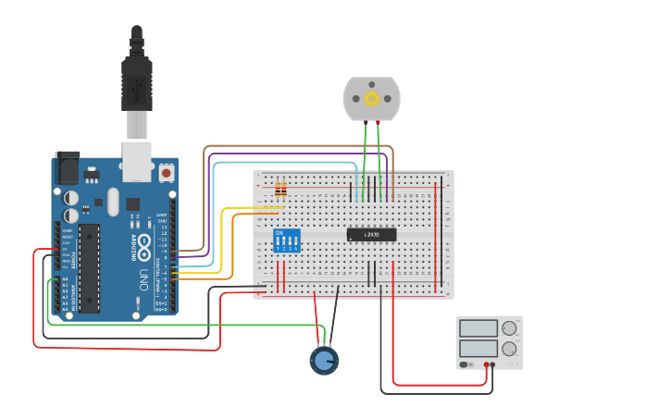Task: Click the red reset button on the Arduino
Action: [x=167, y=172]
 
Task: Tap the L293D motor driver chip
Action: [x=371, y=235]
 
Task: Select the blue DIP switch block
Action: [x=287, y=240]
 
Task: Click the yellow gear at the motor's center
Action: [x=371, y=98]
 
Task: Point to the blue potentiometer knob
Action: [x=323, y=360]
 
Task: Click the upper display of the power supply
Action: [x=478, y=328]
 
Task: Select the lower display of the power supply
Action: [x=478, y=349]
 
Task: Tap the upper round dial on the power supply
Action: [x=508, y=328]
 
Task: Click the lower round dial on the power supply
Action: [x=508, y=349]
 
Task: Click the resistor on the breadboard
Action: [x=280, y=191]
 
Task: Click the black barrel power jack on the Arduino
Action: [x=66, y=166]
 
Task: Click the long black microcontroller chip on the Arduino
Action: [x=89, y=268]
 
